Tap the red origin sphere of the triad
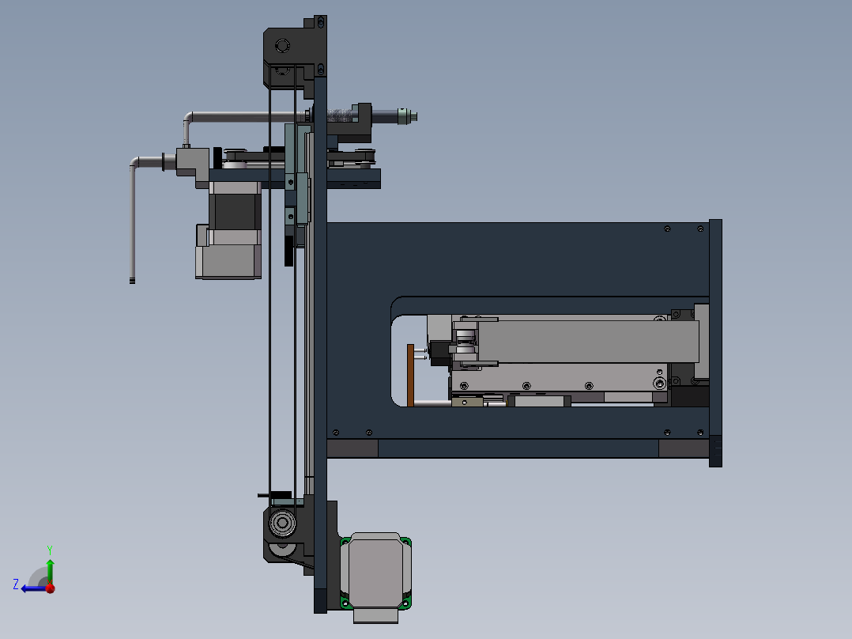pyautogui.click(x=50, y=588)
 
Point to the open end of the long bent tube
pyautogui.click(x=132, y=279)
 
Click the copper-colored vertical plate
pyautogui.click(x=409, y=375)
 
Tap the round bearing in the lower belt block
pyautogui.click(x=281, y=524)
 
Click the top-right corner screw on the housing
pyautogui.click(x=700, y=229)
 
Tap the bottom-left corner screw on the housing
pyautogui.click(x=337, y=433)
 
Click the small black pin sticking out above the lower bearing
pyautogui.click(x=264, y=495)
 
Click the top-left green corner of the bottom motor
pyautogui.click(x=345, y=542)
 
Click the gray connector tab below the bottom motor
pyautogui.click(x=376, y=614)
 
